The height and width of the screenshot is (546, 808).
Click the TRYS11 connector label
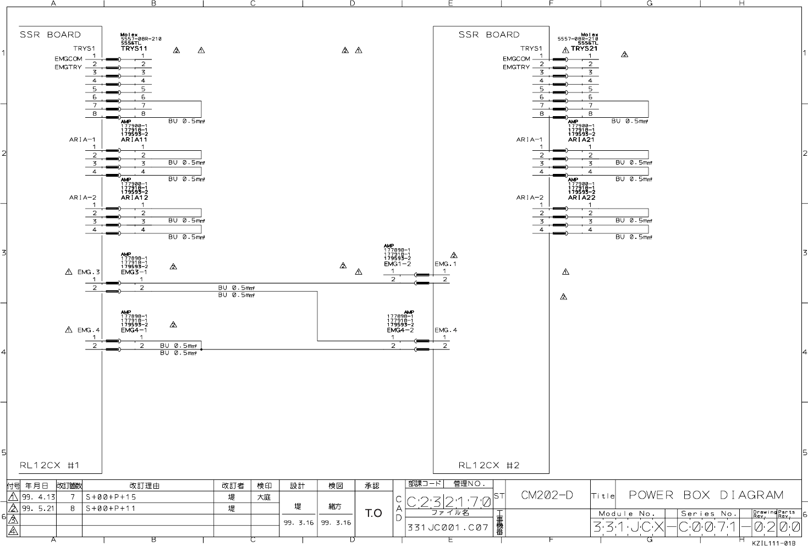pyautogui.click(x=134, y=48)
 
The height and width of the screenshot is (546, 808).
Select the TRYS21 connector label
pyautogui.click(x=584, y=48)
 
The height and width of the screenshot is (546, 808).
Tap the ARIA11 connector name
pyautogui.click(x=134, y=140)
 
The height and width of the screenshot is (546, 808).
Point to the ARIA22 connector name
pyautogui.click(x=581, y=198)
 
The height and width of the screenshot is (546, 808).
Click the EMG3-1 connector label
pyautogui.click(x=134, y=272)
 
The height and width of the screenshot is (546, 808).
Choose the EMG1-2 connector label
pyautogui.click(x=397, y=264)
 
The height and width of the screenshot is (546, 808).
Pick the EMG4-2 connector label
pyautogui.click(x=400, y=330)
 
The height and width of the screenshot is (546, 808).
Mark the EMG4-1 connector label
pyautogui.click(x=134, y=330)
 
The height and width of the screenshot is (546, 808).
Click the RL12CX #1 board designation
pyautogui.click(x=50, y=465)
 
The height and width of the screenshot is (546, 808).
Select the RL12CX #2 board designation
pyautogui.click(x=489, y=465)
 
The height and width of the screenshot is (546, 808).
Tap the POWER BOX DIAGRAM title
pyautogui.click(x=706, y=495)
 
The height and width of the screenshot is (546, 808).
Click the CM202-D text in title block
pyautogui.click(x=547, y=495)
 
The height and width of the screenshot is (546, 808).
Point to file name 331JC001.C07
pyautogui.click(x=447, y=527)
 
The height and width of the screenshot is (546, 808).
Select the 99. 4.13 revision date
pyautogui.click(x=38, y=497)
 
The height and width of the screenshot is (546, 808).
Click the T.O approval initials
pyautogui.click(x=373, y=514)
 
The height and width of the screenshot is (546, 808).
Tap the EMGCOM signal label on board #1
pyautogui.click(x=68, y=59)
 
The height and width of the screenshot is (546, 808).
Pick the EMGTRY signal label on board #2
pyautogui.click(x=516, y=67)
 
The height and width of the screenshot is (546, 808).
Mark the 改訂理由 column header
pyautogui.click(x=144, y=486)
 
